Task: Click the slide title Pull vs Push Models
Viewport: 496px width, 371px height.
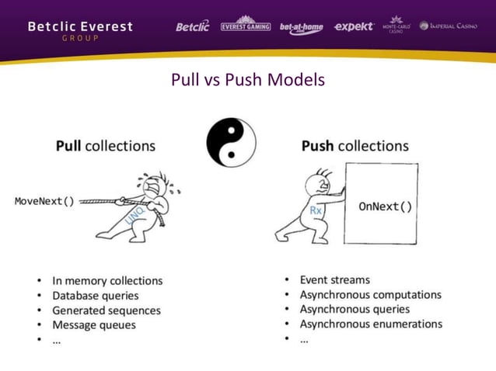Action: (247, 80)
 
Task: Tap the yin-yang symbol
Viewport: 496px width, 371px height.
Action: (231, 143)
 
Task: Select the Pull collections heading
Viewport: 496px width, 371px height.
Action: (105, 146)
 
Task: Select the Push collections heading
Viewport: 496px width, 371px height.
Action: (355, 146)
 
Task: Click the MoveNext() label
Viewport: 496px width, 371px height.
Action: (45, 201)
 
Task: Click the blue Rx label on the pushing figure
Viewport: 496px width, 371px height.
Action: (316, 211)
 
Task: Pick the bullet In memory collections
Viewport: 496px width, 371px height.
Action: (107, 281)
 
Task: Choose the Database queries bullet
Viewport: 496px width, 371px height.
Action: (96, 296)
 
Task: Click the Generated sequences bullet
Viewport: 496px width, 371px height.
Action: (107, 310)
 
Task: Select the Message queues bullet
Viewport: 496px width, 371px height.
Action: (94, 325)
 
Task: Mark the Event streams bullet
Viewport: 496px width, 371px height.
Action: (335, 279)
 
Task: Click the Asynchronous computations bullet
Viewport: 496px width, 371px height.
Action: (370, 294)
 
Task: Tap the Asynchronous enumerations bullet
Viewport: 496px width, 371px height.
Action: (371, 324)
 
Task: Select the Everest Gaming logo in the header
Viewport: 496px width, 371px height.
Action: (246, 26)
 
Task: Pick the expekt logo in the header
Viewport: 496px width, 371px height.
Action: (354, 26)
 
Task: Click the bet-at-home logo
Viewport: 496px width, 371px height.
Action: (302, 27)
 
